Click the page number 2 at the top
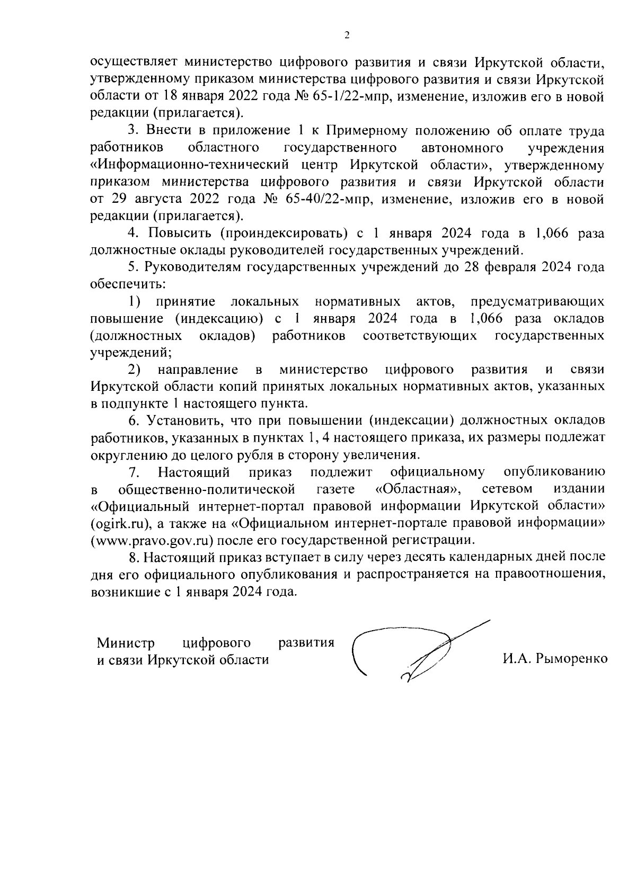[x=347, y=35]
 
